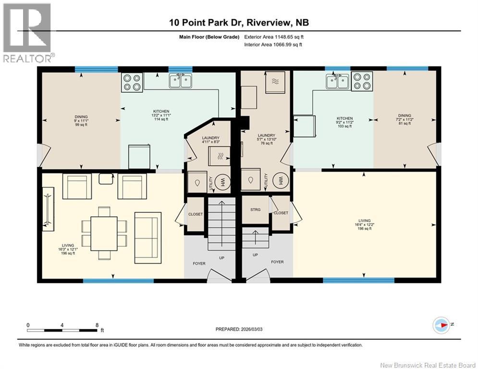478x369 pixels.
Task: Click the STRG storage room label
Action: [x=256, y=210]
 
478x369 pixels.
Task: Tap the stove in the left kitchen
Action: [x=132, y=82]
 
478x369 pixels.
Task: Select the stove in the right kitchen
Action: [x=362, y=81]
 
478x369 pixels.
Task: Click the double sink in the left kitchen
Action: [x=181, y=81]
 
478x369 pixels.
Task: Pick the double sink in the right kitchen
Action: [x=337, y=81]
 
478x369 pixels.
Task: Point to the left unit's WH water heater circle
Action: [x=223, y=182]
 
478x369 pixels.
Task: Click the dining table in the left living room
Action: [x=104, y=234]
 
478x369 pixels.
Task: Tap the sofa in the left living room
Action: [x=148, y=238]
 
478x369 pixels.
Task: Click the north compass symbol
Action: [x=441, y=325]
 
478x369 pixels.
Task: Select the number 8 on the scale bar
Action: [x=97, y=325]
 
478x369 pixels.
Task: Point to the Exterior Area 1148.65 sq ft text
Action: [x=274, y=37]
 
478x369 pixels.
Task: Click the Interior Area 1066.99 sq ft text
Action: [x=273, y=45]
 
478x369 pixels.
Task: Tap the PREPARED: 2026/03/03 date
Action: [x=239, y=329]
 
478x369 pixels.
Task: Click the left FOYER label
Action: [x=199, y=263]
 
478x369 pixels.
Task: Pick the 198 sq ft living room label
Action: [x=365, y=228]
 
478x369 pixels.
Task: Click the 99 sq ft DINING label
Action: [x=81, y=125]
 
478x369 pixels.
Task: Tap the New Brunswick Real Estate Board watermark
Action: [x=428, y=365]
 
